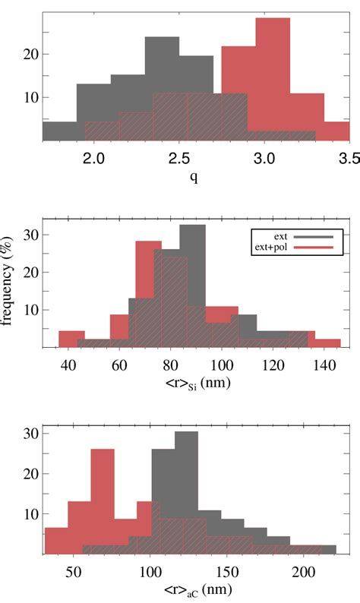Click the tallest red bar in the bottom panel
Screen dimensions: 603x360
[103, 501]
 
